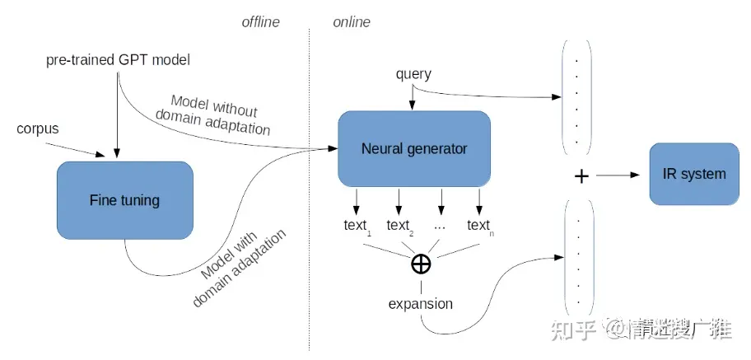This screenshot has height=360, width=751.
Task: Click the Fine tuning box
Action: click(x=124, y=200)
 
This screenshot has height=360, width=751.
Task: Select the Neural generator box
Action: click(x=413, y=149)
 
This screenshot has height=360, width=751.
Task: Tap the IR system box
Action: click(x=694, y=174)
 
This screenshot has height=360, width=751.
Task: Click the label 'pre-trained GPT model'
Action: click(x=117, y=61)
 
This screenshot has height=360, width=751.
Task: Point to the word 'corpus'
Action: click(x=37, y=129)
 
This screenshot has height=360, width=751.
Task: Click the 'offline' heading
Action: click(x=261, y=22)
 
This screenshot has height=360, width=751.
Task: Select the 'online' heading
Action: click(x=352, y=22)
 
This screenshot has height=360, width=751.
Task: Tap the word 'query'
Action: click(x=413, y=74)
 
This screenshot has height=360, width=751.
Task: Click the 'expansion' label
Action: click(x=420, y=304)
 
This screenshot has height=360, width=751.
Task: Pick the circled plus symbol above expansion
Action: click(x=421, y=264)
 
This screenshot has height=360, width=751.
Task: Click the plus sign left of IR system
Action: click(x=581, y=175)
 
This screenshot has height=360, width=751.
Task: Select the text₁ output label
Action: click(x=357, y=226)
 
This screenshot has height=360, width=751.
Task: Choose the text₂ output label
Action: click(x=399, y=226)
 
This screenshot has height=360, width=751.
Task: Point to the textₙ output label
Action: click(x=478, y=226)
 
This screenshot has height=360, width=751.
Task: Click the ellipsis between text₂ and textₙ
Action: click(x=441, y=226)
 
